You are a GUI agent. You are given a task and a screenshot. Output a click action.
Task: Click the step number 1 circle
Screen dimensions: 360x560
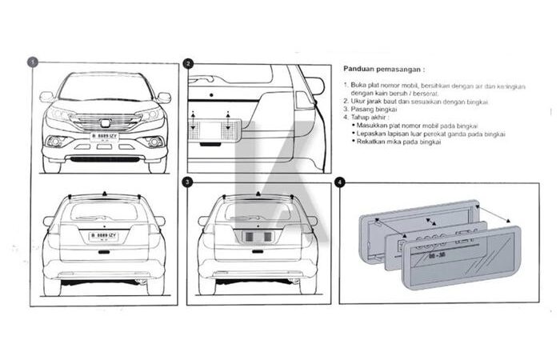click(x=32, y=62)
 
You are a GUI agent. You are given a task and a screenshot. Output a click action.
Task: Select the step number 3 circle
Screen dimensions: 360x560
click(x=187, y=182)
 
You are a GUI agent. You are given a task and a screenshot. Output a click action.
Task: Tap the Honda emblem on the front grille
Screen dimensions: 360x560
click(x=105, y=122)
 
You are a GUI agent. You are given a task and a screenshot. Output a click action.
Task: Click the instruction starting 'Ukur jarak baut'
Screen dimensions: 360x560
click(x=416, y=102)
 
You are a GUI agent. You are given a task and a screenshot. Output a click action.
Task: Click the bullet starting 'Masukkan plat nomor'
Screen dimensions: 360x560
click(x=420, y=127)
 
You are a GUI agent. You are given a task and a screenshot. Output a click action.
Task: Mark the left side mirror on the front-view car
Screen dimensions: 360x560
click(x=46, y=98)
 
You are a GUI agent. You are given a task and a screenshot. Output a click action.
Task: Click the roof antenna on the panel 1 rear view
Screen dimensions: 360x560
click(x=105, y=194)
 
